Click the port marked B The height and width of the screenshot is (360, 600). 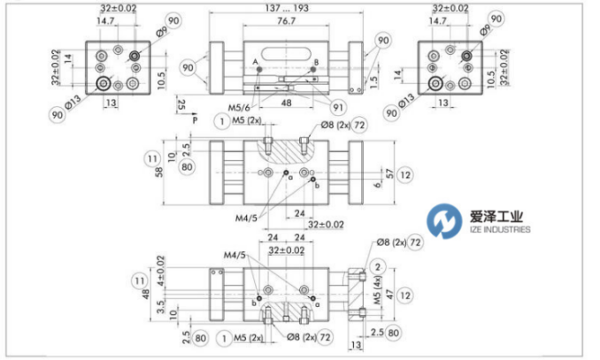314,62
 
